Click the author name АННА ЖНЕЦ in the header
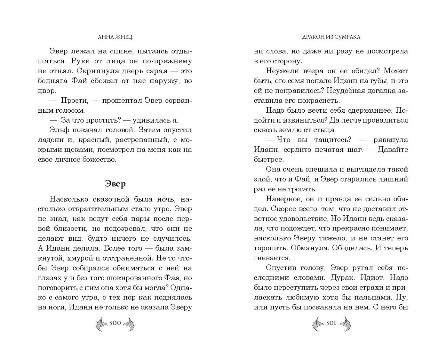click(115, 37)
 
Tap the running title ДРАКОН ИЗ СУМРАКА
click(331, 37)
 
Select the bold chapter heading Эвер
click(115, 184)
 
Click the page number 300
click(115, 323)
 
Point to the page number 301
click(331, 323)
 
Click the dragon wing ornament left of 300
click(101, 324)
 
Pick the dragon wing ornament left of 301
click(318, 324)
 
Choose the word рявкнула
click(390, 140)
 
